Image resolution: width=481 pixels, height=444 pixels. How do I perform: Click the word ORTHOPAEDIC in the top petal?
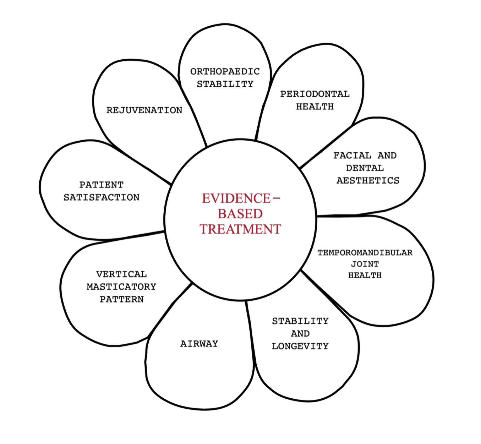click(x=225, y=72)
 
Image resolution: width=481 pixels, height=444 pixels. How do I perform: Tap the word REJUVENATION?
click(x=144, y=110)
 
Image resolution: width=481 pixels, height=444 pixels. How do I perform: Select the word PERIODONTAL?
click(x=315, y=94)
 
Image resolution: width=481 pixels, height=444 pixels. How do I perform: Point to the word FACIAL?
click(x=352, y=155)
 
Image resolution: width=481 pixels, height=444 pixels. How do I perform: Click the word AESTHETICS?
click(x=368, y=180)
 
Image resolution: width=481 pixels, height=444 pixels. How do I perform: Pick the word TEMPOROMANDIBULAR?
click(x=365, y=253)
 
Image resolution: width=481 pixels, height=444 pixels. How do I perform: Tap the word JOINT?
click(x=365, y=264)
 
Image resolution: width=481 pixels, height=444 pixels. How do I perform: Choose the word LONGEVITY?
click(x=300, y=346)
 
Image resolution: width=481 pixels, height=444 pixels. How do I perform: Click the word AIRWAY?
click(x=199, y=344)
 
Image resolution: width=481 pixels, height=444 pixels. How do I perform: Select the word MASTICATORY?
click(x=121, y=287)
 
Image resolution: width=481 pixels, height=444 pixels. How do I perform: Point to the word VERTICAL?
click(x=121, y=274)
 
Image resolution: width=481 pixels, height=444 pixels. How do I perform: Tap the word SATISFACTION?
click(x=101, y=197)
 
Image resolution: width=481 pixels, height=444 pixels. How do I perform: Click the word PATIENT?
click(x=101, y=185)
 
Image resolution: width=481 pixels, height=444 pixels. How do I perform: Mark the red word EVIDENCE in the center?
click(x=236, y=199)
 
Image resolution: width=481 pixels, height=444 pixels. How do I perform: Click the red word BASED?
click(x=240, y=214)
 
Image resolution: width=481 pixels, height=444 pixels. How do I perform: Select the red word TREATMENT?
click(x=240, y=229)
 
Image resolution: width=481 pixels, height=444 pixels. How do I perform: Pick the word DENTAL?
click(x=365, y=168)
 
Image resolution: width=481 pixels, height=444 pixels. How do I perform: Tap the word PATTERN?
click(x=122, y=299)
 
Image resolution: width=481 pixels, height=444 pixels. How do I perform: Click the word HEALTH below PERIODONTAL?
click(x=315, y=106)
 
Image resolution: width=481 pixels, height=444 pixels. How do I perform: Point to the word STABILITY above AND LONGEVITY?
click(x=300, y=321)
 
